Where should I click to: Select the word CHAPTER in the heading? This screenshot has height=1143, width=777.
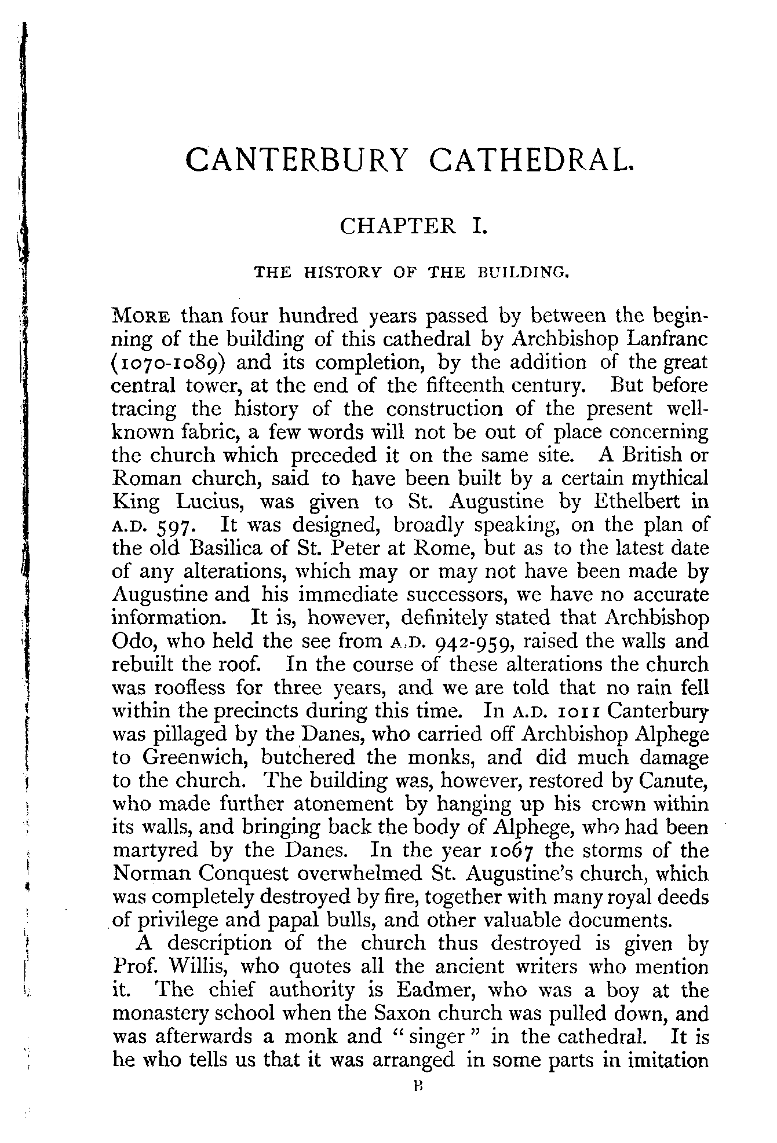pyautogui.click(x=398, y=225)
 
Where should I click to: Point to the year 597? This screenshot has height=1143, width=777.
pyautogui.click(x=178, y=527)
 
